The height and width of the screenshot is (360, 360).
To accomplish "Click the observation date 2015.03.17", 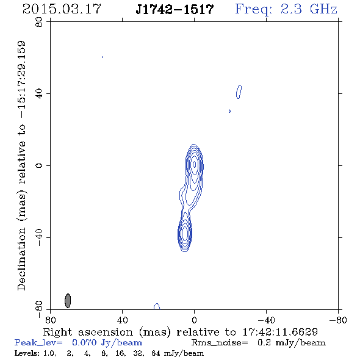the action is click(x=62, y=9).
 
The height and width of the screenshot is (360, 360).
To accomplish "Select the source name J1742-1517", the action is click(x=175, y=9).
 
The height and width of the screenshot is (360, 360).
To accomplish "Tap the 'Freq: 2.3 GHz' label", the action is click(x=286, y=9).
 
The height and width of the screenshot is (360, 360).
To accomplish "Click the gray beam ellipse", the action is click(x=68, y=301).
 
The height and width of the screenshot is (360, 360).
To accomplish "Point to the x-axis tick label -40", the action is click(x=266, y=320).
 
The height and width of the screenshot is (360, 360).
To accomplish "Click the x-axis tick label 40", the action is click(x=122, y=320).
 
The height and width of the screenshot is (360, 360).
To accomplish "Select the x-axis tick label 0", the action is click(x=194, y=320).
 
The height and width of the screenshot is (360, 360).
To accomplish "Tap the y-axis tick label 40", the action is click(x=39, y=94).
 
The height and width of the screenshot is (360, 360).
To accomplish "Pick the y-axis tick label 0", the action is click(x=39, y=165).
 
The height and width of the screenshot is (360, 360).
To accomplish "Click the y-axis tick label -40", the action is click(x=39, y=237).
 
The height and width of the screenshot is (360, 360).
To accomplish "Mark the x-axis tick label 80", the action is click(x=50, y=320).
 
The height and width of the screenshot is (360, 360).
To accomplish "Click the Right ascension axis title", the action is click(x=180, y=332).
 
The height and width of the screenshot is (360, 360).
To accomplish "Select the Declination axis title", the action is click(x=21, y=165).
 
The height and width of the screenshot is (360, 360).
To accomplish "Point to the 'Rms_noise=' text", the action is click(x=220, y=343).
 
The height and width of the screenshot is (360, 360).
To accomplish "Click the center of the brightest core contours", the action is click(x=194, y=164).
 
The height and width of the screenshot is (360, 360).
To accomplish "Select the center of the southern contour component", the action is click(x=185, y=234).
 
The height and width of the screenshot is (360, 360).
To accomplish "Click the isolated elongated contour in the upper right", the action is click(x=239, y=92).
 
